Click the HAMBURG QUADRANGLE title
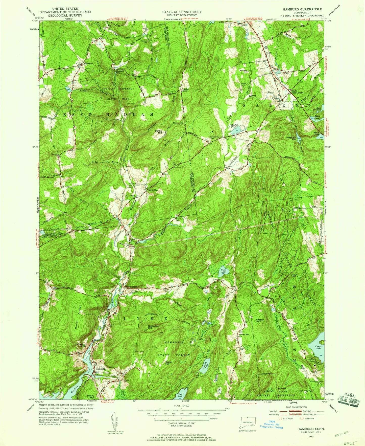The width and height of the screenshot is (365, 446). tap(300, 9)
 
